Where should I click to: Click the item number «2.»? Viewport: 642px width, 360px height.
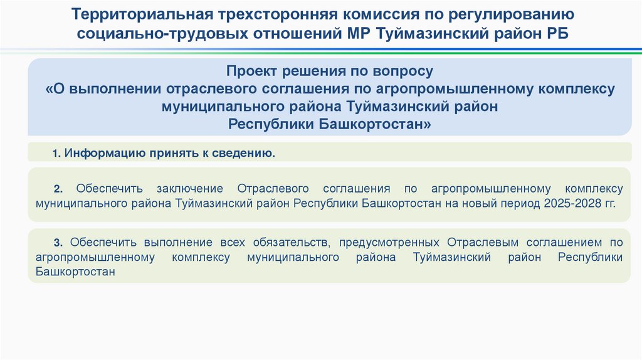point(59,189)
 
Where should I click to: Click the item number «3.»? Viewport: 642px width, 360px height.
point(59,242)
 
